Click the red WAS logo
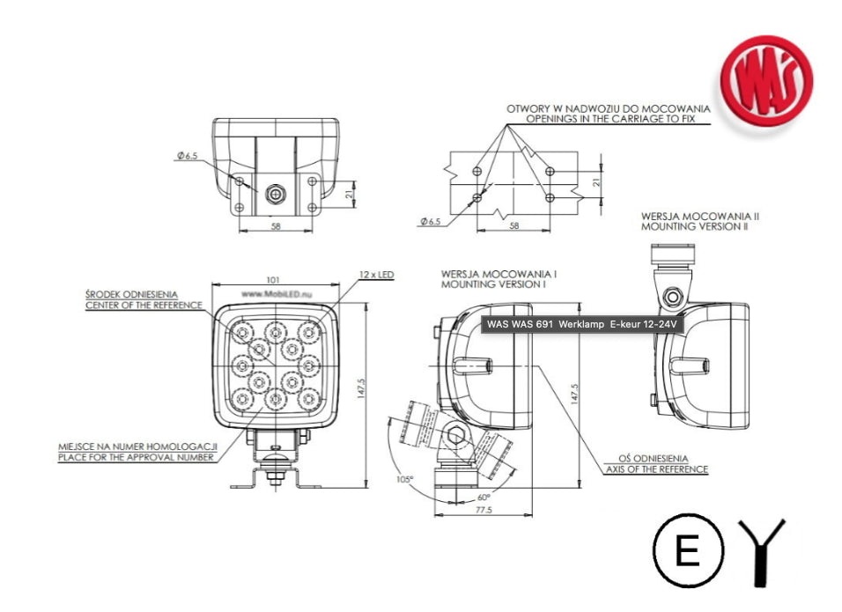(765, 81)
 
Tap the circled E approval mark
(688, 552)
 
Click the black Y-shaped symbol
(762, 551)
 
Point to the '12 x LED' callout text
(376, 275)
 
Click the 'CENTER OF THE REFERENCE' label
(144, 306)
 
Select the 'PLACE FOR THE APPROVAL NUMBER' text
(136, 457)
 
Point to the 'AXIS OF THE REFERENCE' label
(656, 469)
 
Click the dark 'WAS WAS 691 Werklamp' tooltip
(582, 325)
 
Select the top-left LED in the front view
(242, 331)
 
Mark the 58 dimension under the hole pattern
(513, 225)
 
